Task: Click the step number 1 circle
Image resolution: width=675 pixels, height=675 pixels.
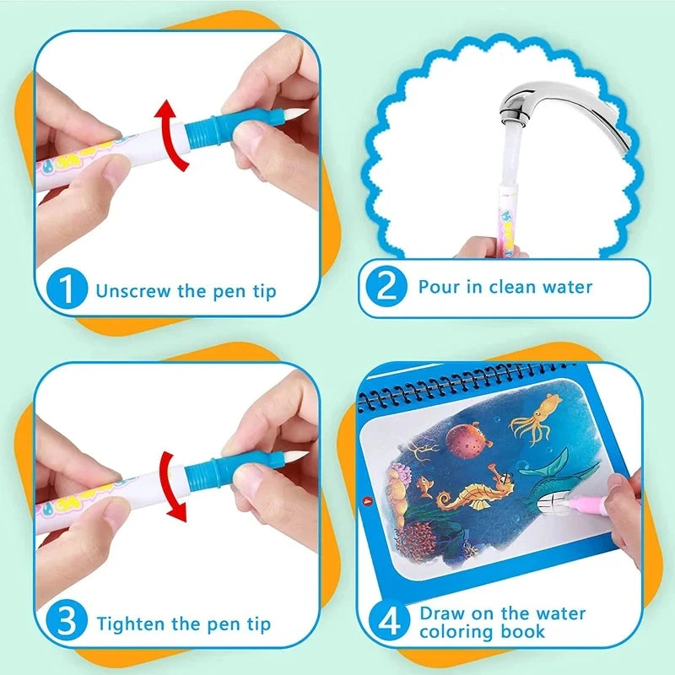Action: (66, 290)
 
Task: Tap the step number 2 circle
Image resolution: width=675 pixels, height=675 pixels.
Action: (387, 288)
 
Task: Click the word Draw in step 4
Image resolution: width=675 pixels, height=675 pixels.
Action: (440, 613)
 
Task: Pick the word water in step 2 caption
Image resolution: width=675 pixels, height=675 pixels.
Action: (564, 286)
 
